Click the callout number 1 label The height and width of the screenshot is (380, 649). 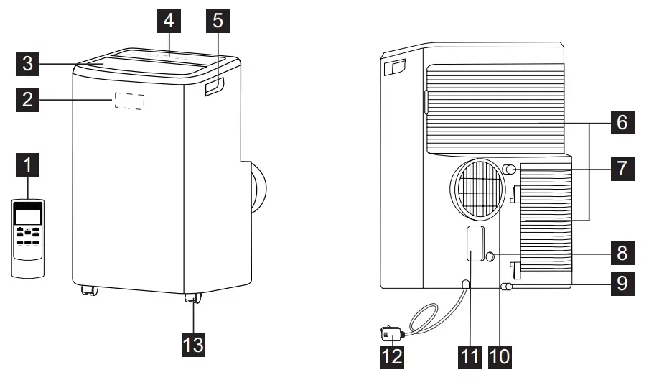click(x=27, y=170)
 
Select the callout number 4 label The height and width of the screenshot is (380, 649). click(x=168, y=21)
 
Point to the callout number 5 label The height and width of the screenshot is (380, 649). click(x=218, y=21)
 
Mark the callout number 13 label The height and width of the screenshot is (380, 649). click(x=193, y=344)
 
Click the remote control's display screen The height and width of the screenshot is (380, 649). click(x=28, y=213)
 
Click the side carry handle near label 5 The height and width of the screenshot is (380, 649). click(x=214, y=88)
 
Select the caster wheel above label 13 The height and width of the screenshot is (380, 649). click(x=192, y=299)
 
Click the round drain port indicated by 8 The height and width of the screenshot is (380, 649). click(x=490, y=255)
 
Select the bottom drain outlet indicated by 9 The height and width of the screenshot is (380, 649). click(x=508, y=286)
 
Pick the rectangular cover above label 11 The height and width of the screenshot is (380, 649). click(x=473, y=243)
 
